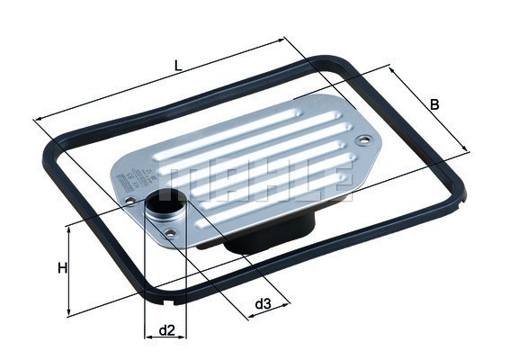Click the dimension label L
pos(178,65)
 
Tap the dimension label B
pos(434,105)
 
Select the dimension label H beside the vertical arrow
pos(61,268)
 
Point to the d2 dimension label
pos(166,330)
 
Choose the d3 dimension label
pos(263,304)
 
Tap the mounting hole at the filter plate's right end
pos(362,140)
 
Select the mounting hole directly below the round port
pos(171,235)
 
